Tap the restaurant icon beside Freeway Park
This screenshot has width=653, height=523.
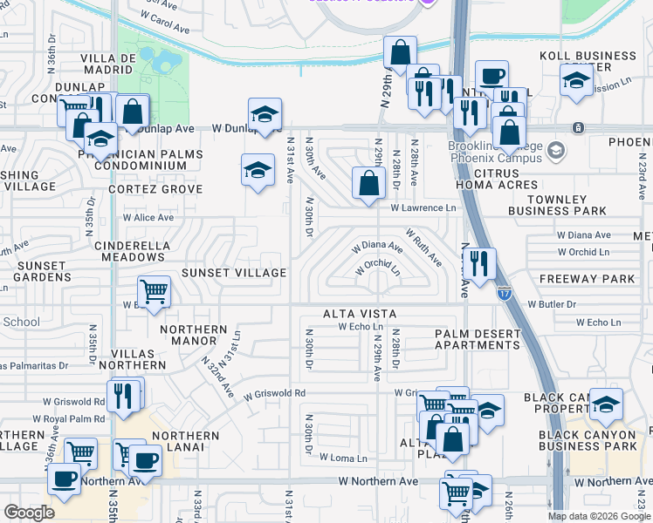478,264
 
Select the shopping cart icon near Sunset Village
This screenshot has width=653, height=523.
155,291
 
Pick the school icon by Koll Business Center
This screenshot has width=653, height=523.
576,83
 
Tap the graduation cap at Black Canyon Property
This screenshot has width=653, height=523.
607,404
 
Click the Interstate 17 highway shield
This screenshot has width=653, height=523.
505,294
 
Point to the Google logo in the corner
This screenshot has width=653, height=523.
29,513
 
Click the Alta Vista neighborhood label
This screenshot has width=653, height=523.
360,314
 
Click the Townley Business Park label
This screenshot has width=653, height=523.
559,205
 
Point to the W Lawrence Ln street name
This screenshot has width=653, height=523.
423,208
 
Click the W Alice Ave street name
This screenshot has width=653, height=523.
148,217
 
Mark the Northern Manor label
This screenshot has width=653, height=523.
194,336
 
